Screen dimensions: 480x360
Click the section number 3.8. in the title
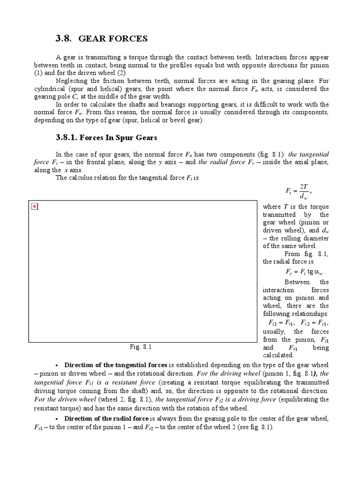tap(65, 38)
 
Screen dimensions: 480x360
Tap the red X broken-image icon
tap(35, 207)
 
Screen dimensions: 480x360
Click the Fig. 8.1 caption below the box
tap(141, 347)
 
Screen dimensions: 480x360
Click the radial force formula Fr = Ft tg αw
tap(305, 272)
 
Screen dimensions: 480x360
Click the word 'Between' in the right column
tap(297, 282)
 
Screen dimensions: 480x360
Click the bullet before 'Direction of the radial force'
tap(57, 419)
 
